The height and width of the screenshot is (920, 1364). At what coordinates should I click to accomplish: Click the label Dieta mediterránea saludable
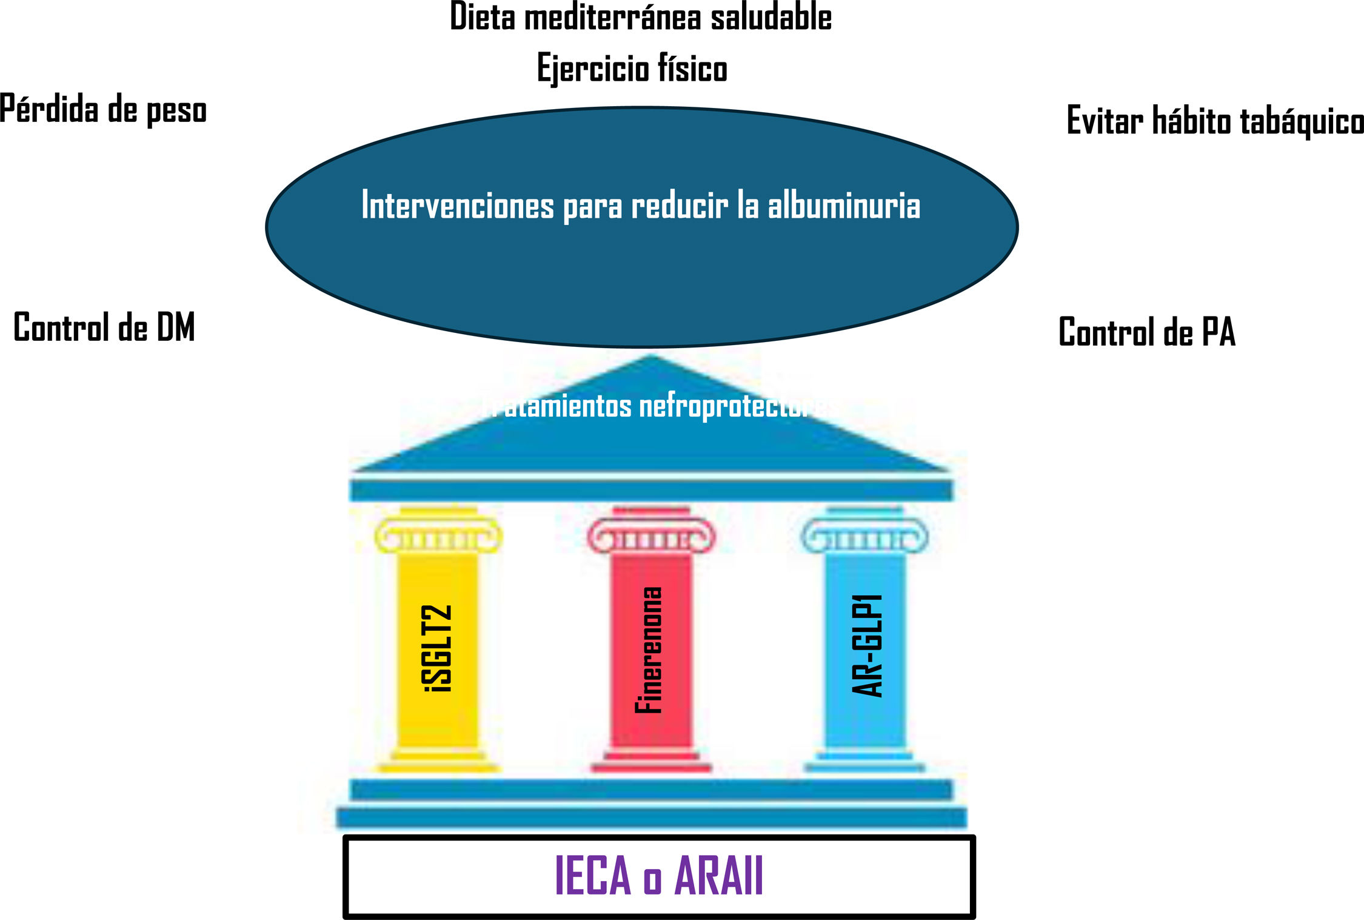[x=640, y=17]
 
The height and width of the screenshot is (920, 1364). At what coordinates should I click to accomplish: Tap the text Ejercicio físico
[x=632, y=68]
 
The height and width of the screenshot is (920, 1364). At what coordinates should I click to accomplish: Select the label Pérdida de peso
[x=103, y=110]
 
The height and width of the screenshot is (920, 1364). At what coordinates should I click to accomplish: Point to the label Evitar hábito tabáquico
[x=1215, y=121]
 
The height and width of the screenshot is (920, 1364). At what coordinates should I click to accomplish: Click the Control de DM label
[x=104, y=327]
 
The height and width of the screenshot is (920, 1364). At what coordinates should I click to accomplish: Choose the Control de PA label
[x=1146, y=332]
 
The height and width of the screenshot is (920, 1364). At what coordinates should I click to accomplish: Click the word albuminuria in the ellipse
[x=844, y=206]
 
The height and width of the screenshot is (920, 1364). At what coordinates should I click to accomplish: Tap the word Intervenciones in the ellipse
[x=458, y=206]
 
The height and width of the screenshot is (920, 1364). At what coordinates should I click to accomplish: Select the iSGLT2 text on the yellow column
[x=437, y=648]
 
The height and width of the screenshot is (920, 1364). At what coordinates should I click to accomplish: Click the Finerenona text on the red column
[x=649, y=650]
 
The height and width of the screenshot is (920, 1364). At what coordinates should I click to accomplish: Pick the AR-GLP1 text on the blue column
[x=868, y=645]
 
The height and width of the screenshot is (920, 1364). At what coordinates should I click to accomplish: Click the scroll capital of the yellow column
[x=438, y=537]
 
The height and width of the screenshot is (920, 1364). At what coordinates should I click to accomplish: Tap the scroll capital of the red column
[x=651, y=537]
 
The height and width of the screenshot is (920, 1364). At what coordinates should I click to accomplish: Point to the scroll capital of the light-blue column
[x=864, y=537]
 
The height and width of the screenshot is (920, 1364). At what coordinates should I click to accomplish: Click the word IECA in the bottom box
[x=593, y=875]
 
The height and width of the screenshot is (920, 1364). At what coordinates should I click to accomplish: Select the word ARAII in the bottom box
[x=719, y=875]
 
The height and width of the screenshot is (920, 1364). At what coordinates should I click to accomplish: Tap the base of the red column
[x=651, y=761]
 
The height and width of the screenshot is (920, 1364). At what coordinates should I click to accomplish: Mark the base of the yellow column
[x=438, y=761]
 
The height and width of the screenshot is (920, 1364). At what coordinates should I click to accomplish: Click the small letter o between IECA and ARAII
[x=652, y=881]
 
